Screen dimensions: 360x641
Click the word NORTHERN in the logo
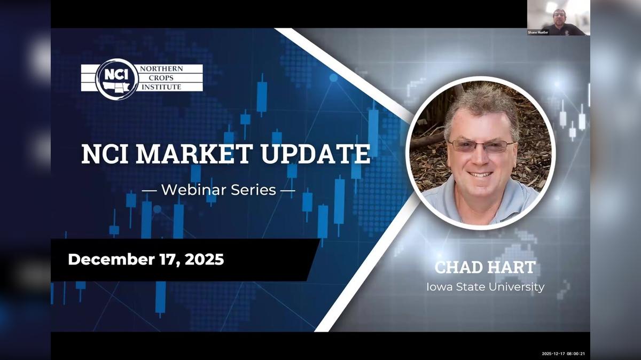pos(161,69)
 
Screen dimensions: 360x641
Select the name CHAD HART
pos(484,267)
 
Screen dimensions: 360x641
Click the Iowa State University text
pos(485,287)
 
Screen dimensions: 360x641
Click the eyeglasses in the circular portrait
pos(481,145)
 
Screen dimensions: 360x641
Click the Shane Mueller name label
pos(538,33)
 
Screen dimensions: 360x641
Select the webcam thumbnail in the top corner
pos(558,18)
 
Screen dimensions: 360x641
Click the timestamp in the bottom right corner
pos(564,353)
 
